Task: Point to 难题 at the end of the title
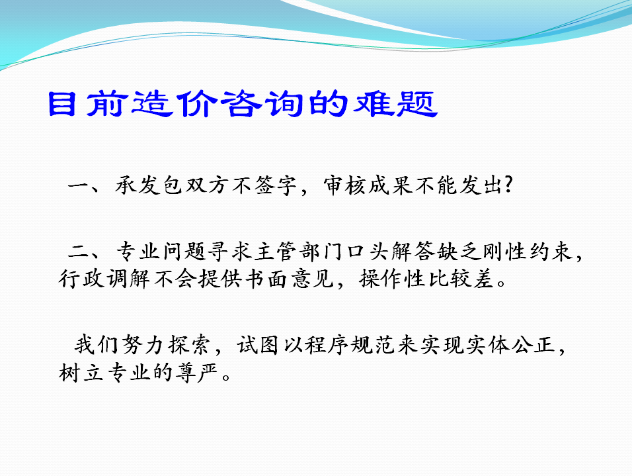click(396, 104)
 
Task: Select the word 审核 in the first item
click(344, 186)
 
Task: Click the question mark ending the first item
click(508, 185)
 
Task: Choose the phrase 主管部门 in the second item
click(299, 252)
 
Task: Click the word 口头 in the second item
click(368, 252)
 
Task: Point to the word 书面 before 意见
click(266, 279)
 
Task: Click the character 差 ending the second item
click(483, 279)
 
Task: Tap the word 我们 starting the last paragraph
click(97, 345)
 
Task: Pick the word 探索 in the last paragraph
click(188, 345)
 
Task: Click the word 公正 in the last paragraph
click(533, 345)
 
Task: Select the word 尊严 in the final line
click(196, 372)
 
